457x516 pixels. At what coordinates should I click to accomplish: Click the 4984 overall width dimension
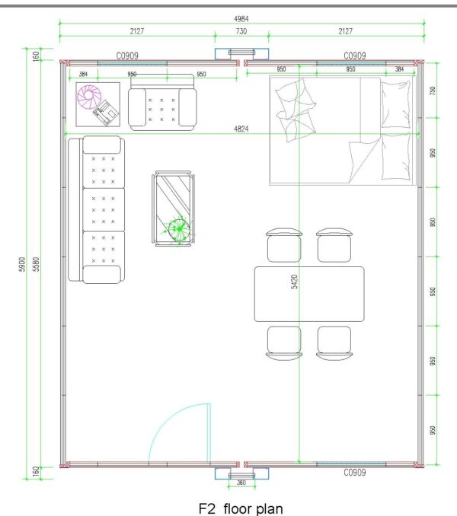click(x=241, y=19)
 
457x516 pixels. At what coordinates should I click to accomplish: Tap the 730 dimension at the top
click(x=241, y=31)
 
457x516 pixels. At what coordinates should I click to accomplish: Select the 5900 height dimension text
click(x=22, y=264)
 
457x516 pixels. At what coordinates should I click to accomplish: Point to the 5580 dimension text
click(x=36, y=264)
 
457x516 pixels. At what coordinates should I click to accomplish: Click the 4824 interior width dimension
click(x=241, y=129)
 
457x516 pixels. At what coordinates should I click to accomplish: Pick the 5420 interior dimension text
click(x=294, y=282)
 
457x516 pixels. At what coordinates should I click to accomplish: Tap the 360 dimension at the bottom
click(x=241, y=483)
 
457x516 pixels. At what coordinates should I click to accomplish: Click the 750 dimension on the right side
click(x=433, y=91)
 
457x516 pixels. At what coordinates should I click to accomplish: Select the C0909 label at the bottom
click(x=355, y=473)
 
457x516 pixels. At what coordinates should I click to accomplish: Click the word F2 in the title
click(x=207, y=508)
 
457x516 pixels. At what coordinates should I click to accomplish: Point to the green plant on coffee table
click(x=179, y=229)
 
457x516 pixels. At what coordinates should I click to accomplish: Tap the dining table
click(x=309, y=295)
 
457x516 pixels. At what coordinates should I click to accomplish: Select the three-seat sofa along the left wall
click(x=97, y=209)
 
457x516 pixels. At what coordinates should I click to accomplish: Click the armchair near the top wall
click(x=162, y=102)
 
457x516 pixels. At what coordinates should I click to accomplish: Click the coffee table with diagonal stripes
click(x=173, y=209)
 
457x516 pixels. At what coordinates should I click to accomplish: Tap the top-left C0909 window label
click(x=127, y=56)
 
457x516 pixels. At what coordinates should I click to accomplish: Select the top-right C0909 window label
click(x=355, y=56)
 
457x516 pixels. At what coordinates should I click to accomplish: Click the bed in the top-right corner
click(x=343, y=131)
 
